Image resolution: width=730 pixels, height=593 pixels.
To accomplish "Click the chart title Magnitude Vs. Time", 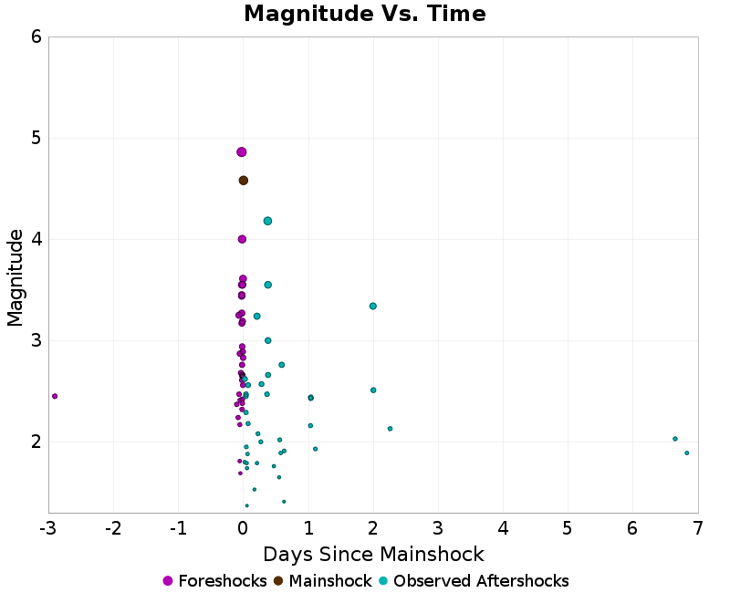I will tap(364, 15).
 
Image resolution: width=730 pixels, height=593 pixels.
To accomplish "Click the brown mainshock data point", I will tap(244, 181).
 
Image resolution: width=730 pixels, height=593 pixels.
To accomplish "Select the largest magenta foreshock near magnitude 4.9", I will tap(242, 152).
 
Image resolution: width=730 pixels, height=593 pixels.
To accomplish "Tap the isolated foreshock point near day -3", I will tap(55, 396).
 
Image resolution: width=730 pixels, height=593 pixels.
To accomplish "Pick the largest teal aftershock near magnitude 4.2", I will tap(267, 221).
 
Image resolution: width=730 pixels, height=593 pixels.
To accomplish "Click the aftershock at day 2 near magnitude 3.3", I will tap(373, 307).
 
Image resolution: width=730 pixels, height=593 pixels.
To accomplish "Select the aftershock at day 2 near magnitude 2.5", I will tap(373, 390).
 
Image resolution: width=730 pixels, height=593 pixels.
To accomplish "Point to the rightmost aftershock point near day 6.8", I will tap(687, 453).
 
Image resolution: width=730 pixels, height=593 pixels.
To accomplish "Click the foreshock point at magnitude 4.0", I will tap(242, 239).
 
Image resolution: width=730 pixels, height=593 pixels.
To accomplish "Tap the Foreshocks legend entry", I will tap(214, 581).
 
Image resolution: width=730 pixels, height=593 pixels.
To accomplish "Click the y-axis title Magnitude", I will tap(16, 277).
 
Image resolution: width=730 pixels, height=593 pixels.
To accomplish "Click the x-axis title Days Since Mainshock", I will tap(373, 554).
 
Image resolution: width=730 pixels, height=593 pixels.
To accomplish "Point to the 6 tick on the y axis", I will tap(36, 37).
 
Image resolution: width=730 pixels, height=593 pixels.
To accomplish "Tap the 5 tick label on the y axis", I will tap(36, 139).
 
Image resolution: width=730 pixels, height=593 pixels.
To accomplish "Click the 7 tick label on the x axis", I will tap(698, 528).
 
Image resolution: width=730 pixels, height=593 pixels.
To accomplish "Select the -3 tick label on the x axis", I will tap(47, 528).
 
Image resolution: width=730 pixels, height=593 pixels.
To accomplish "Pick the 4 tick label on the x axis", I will tap(503, 528).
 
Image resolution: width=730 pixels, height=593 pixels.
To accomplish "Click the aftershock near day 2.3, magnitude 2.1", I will tap(390, 429).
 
